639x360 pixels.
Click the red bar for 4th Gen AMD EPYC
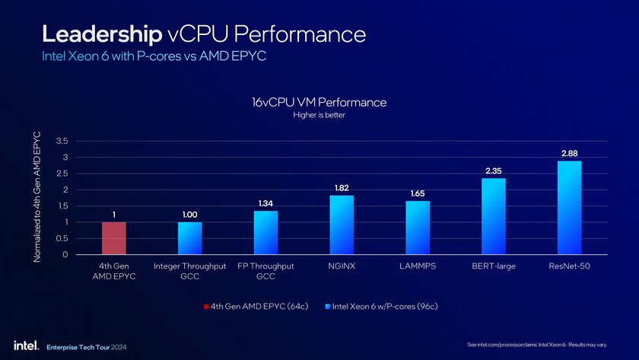click(x=114, y=238)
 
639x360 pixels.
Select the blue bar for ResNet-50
click(x=569, y=208)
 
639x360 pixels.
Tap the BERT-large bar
click(x=493, y=216)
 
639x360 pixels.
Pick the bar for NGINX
click(x=342, y=225)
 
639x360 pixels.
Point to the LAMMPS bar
click(x=418, y=228)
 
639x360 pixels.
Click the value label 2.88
click(x=570, y=154)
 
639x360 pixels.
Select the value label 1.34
click(x=265, y=203)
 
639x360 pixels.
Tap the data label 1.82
click(x=342, y=187)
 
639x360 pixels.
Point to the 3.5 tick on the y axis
click(x=62, y=141)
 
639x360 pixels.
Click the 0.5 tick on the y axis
click(x=62, y=238)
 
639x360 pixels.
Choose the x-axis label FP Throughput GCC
click(x=265, y=272)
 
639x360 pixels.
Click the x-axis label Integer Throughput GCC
click(x=189, y=272)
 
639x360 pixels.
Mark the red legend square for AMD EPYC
click(x=206, y=307)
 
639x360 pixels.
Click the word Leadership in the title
click(x=100, y=34)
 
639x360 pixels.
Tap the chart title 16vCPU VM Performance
click(x=319, y=102)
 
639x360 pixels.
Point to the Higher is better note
click(x=319, y=116)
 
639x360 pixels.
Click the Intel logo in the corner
click(x=21, y=345)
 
